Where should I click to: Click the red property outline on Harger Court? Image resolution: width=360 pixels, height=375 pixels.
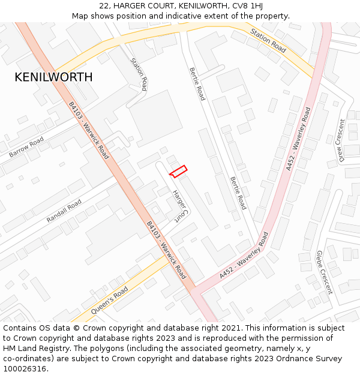tap(178, 171)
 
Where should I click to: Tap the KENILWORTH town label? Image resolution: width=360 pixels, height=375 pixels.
tap(53, 77)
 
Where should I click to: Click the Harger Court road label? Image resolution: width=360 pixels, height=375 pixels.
tap(181, 207)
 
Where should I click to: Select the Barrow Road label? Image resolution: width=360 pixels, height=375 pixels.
tap(26, 147)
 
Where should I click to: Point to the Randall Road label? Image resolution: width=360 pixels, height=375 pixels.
tap(64, 211)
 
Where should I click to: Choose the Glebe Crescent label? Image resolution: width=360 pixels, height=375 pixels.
tap(324, 272)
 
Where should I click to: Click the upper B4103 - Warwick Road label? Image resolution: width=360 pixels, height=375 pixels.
tap(89, 130)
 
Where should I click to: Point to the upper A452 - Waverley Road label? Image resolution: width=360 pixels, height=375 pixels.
tap(298, 139)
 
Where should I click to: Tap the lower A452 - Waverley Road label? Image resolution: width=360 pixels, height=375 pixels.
tap(243, 254)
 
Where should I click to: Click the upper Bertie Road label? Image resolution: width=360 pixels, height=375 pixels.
tap(197, 83)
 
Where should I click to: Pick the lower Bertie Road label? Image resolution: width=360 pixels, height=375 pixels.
tap(238, 193)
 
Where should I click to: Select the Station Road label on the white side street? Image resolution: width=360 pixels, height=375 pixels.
tap(139, 74)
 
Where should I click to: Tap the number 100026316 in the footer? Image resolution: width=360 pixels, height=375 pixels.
tap(25, 368)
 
